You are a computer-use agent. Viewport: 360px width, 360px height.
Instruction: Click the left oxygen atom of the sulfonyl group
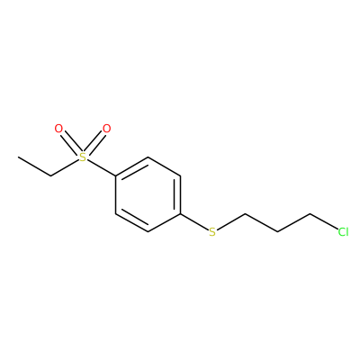coord(58,129)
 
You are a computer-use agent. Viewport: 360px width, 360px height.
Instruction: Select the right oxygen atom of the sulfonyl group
coord(106,129)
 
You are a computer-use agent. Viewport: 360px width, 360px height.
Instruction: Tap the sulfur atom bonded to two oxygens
coord(83,157)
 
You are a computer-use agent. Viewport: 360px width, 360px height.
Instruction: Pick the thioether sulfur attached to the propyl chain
coord(212,232)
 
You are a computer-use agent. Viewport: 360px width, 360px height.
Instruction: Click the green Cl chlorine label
coord(343,232)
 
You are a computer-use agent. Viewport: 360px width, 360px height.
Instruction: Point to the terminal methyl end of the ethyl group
coord(18,157)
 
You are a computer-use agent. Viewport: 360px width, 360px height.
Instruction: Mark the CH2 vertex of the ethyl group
coord(50,175)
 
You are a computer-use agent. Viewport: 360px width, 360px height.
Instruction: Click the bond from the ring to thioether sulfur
coord(194,222)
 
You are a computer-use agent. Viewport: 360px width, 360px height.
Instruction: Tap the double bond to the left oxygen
coord(71,143)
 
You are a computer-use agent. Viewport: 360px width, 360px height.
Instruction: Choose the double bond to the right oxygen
coord(94,143)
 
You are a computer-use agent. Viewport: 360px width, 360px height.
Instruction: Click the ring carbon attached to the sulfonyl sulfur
coord(116,176)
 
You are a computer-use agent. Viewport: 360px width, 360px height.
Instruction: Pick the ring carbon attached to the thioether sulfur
coord(181,213)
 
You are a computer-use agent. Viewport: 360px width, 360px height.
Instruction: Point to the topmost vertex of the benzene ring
coord(148,157)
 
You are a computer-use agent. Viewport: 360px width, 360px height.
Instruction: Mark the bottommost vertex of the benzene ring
coord(148,232)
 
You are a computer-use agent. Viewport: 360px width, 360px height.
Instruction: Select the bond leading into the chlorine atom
coord(323,221)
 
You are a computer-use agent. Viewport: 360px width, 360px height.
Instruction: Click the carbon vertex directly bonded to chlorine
coord(310,213)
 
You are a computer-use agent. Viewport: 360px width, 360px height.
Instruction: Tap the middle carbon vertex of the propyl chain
coord(278,232)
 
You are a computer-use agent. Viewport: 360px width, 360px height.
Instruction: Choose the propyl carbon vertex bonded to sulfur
coord(246,213)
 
